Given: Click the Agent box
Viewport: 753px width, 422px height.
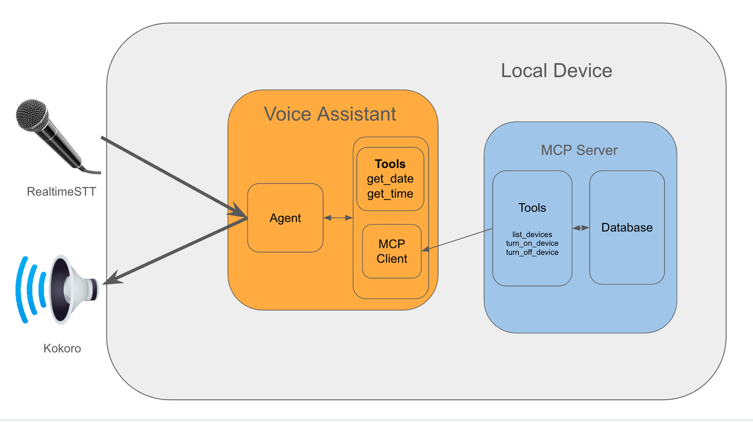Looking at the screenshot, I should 285,218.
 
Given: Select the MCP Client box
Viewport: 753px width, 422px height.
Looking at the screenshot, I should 392,251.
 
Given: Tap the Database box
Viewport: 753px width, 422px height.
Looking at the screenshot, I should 626,228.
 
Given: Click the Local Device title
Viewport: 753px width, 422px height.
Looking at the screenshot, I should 556,71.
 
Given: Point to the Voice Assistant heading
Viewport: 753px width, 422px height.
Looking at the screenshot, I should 330,114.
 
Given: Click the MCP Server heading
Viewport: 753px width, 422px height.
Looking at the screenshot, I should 579,150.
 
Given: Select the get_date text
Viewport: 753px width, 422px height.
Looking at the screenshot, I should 390,179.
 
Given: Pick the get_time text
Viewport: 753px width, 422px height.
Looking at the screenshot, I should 390,194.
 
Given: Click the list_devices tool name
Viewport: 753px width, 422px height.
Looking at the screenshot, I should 532,234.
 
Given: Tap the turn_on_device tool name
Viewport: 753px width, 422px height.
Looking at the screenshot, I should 532,243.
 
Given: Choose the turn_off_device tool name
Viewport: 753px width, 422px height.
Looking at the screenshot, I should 532,252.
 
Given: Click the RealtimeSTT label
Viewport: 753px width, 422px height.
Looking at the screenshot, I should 61,191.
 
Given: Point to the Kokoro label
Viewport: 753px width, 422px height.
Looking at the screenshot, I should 62,348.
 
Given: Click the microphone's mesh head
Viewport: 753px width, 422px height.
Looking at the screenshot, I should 32,114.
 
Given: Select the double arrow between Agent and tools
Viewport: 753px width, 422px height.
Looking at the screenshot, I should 338,218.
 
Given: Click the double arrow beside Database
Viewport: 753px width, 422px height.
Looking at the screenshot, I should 581,228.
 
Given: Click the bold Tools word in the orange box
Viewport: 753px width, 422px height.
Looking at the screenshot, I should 390,164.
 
